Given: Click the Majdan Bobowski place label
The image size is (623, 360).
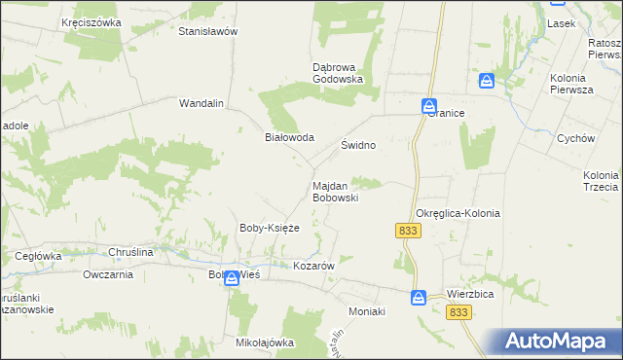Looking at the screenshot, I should pos(336,191).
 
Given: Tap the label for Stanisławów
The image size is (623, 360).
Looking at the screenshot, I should pos(208,31).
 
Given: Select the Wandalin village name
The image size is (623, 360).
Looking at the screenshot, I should pos(202,102).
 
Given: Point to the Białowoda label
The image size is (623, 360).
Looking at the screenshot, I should pos(290,137).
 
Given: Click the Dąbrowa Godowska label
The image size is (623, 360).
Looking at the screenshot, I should pos(337,73).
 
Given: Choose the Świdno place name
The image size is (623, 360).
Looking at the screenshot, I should pos(358,144).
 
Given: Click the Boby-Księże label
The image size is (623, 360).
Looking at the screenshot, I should pos(269,228).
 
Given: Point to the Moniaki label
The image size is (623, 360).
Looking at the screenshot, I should pos(368,311).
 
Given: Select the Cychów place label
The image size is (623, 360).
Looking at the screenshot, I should pos(576,138).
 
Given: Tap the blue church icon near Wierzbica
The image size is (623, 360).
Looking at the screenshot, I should pos(418,297).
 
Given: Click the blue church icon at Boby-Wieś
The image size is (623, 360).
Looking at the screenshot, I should pos(231,278).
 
